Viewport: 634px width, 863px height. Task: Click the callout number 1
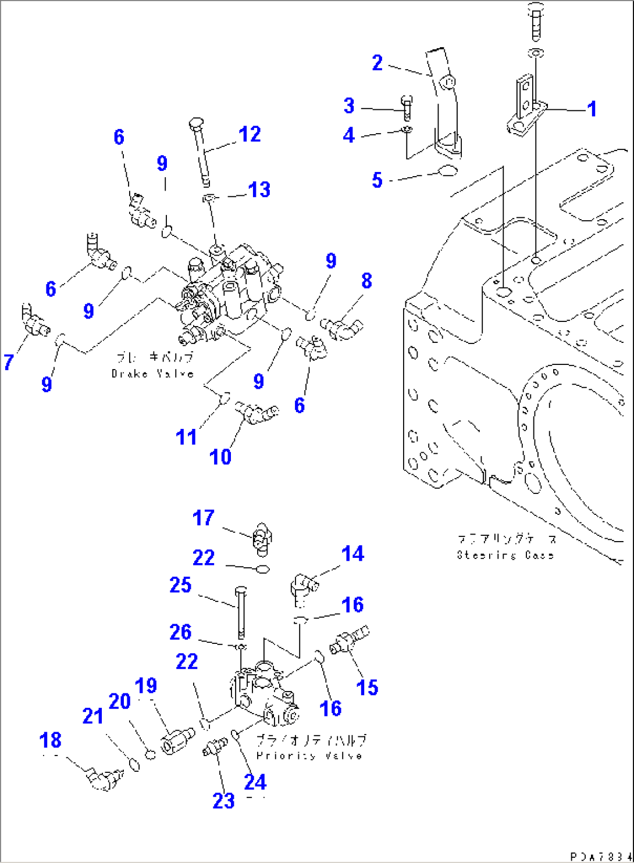click(x=592, y=109)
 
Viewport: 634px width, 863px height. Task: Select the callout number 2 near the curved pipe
click(x=377, y=63)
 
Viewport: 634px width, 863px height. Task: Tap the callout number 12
click(x=250, y=135)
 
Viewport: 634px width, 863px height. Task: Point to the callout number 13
click(x=259, y=189)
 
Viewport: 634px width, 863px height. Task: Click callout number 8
click(x=366, y=281)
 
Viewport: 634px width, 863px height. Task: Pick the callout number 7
click(x=8, y=362)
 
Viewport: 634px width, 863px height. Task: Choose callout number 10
click(x=220, y=457)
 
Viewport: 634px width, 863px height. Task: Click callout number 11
click(x=186, y=437)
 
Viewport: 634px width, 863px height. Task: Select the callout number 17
click(x=203, y=518)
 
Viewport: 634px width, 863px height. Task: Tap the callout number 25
click(x=180, y=585)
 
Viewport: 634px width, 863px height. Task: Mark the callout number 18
click(x=50, y=740)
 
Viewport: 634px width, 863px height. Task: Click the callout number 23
click(x=223, y=801)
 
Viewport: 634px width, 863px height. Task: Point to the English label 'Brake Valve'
click(x=152, y=374)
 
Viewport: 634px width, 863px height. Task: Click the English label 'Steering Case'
click(x=505, y=555)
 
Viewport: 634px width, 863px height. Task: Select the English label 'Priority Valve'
click(x=309, y=755)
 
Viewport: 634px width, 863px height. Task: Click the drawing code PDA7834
click(x=600, y=857)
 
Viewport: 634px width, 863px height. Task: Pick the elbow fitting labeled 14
click(x=304, y=585)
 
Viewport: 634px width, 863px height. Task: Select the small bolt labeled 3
click(x=407, y=107)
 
